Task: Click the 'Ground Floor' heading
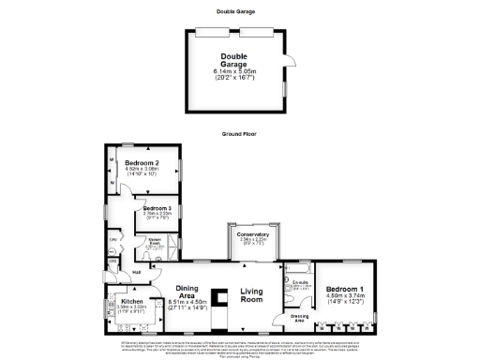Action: coord(240,134)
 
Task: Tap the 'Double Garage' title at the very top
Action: coord(240,11)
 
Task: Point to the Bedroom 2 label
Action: coord(141,162)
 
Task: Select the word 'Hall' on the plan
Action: coord(136,273)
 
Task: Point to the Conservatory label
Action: coord(252,234)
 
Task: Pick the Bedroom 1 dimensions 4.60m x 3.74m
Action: coord(343,296)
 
